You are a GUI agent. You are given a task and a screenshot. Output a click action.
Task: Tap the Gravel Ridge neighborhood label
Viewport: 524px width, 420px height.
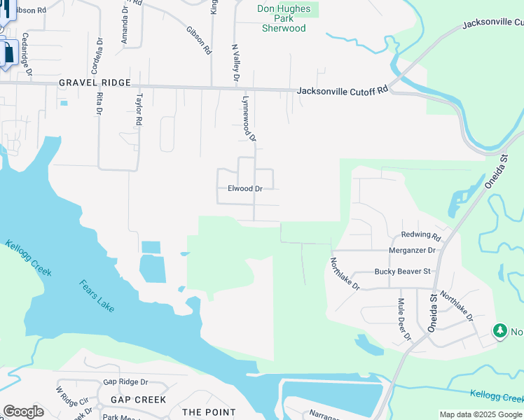(x=95, y=83)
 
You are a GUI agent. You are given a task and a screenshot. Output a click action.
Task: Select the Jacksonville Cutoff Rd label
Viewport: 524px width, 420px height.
(x=342, y=91)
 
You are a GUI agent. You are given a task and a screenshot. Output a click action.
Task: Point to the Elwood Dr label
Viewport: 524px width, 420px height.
(x=245, y=188)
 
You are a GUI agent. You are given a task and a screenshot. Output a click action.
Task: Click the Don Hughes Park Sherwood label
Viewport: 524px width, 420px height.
(x=284, y=18)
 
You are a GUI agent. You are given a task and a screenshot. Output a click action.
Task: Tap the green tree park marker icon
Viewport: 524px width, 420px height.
(x=499, y=330)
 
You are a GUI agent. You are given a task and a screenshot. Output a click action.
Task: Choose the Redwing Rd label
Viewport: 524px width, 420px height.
(x=421, y=236)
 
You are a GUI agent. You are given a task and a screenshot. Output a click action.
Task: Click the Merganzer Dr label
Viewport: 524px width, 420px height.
(x=412, y=250)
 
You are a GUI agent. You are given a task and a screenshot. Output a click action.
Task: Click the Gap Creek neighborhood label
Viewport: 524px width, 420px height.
(x=138, y=400)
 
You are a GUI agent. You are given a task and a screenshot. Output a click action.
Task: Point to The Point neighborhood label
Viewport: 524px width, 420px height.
(x=209, y=412)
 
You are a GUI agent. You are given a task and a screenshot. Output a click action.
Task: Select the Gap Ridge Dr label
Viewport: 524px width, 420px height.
(x=126, y=382)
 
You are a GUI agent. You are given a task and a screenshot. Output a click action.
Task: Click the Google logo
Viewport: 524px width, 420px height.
(x=23, y=412)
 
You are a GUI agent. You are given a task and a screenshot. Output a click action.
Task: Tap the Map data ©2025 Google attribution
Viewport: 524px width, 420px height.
(x=481, y=414)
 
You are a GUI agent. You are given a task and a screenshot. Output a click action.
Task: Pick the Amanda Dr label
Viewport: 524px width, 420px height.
(x=125, y=25)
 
